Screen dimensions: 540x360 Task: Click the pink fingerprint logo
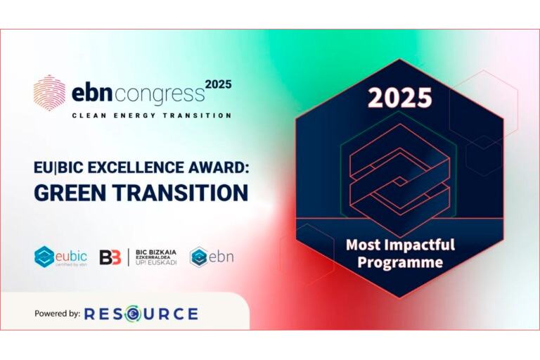[x=49, y=93]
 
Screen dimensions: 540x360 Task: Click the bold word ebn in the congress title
[x=92, y=93]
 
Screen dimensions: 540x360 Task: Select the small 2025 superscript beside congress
[x=219, y=84]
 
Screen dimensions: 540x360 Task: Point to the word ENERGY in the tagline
[x=135, y=116]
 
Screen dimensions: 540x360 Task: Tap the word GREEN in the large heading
[x=70, y=192]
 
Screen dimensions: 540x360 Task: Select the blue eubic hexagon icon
[x=44, y=257]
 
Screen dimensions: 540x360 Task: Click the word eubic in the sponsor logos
[x=71, y=257]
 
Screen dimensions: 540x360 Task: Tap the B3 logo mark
[x=110, y=257]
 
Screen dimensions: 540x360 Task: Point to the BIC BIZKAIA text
[x=156, y=252]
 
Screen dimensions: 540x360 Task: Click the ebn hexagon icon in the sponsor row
[x=199, y=257]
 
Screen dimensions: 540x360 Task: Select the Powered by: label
[x=57, y=314]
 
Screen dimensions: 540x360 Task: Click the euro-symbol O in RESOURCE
[x=133, y=314]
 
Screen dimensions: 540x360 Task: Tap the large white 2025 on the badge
[x=399, y=98]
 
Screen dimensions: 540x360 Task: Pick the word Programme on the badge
[x=400, y=262]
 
